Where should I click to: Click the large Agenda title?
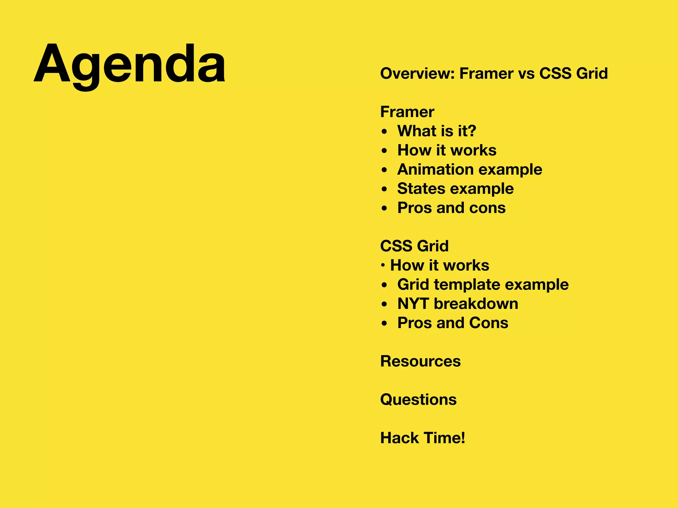[x=130, y=64]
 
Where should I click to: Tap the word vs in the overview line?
[x=526, y=73]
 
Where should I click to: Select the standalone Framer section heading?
[x=407, y=112]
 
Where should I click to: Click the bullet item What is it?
[x=437, y=131]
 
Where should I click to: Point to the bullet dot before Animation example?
[x=384, y=170]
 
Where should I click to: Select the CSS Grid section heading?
[x=414, y=246]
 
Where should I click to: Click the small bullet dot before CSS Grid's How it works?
[x=383, y=265]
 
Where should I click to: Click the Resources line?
[x=420, y=361]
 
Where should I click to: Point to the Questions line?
[x=418, y=400]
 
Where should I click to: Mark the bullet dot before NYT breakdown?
[x=384, y=304]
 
